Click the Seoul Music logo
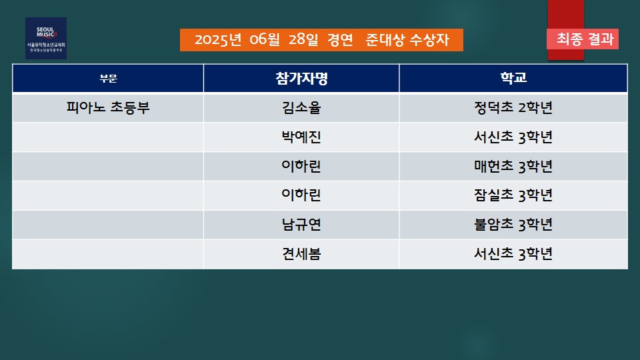46,38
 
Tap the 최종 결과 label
585,39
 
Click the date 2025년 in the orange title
218,40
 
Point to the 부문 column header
108,79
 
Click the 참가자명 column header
301,78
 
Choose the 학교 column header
513,77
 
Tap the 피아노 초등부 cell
108,108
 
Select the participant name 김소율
301,108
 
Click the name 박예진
301,137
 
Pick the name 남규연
301,225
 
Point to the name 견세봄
301,254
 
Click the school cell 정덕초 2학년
513,108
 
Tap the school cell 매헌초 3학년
513,166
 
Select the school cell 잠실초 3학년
513,195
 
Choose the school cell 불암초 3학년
513,225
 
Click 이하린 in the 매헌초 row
301,166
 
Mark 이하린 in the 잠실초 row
301,195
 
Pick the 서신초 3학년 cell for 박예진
513,137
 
